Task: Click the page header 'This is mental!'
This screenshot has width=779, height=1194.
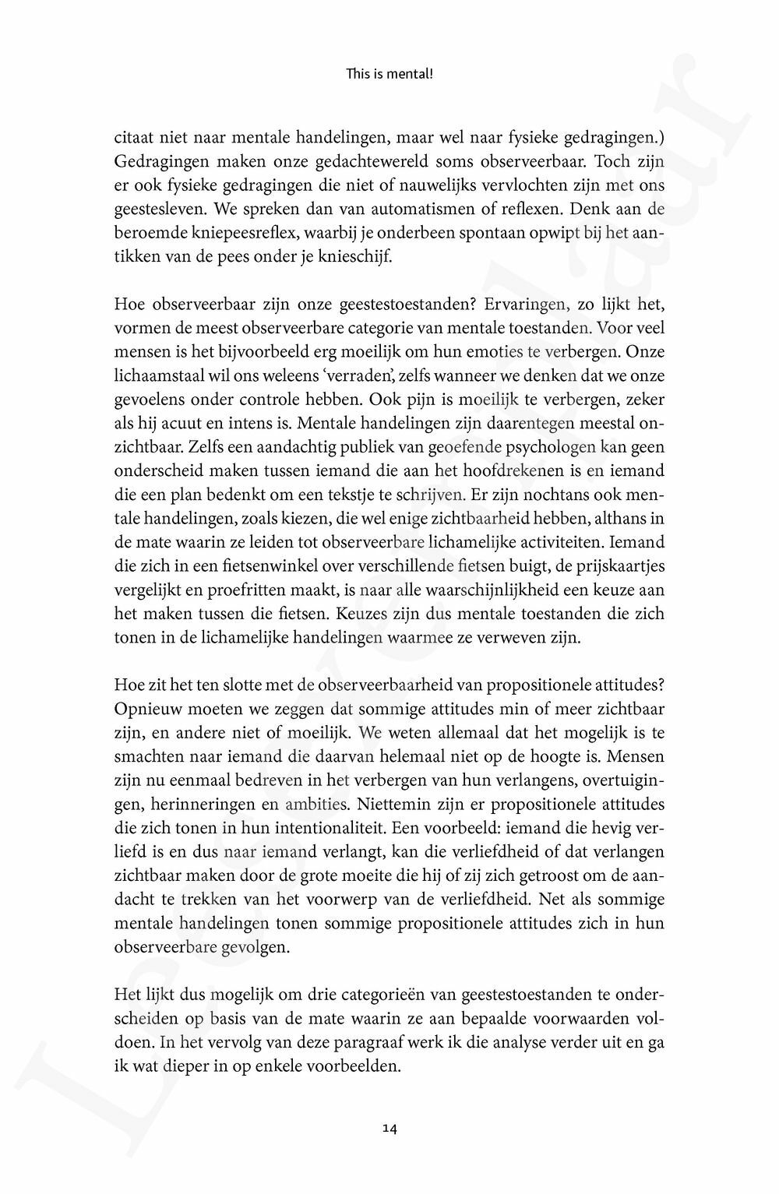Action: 389,75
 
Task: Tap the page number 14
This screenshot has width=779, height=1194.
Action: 389,1127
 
